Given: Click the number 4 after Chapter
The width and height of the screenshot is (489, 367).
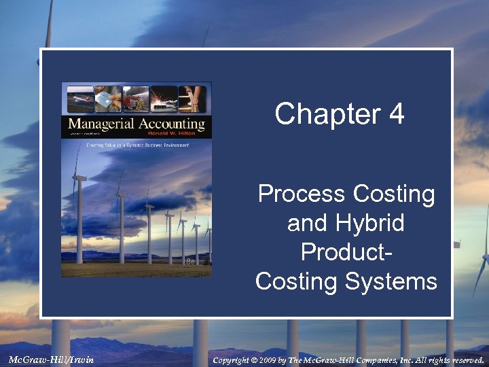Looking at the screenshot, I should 397,114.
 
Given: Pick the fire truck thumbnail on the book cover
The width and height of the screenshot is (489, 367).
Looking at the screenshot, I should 136,99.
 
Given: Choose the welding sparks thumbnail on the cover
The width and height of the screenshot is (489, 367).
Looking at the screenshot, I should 163,99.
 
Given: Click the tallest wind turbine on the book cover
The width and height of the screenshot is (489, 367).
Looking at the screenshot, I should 79,204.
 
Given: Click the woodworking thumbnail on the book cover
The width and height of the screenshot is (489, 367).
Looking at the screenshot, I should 192,99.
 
